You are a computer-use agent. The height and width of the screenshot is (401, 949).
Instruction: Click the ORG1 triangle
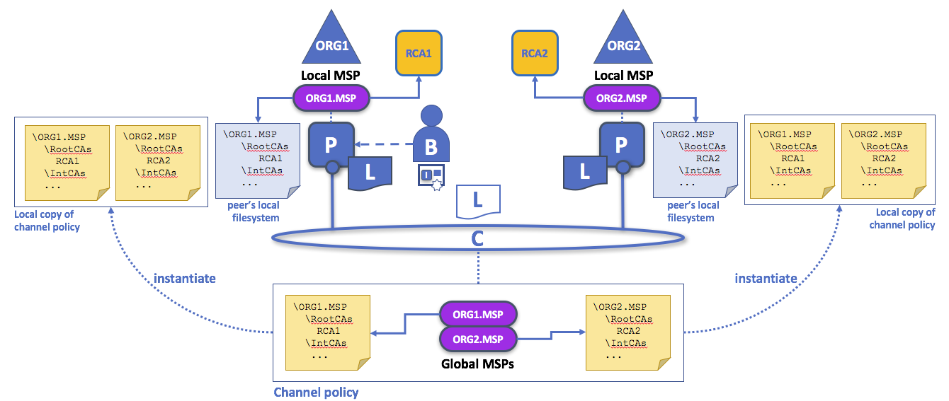[331, 45]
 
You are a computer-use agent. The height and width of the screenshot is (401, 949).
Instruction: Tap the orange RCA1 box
[419, 53]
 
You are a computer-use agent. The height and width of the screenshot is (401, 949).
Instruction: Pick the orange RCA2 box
[535, 53]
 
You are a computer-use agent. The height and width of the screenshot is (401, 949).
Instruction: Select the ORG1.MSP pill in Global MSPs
[479, 313]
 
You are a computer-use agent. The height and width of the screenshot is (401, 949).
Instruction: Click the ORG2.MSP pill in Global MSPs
[479, 339]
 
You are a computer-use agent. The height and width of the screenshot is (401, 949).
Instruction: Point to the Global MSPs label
[479, 366]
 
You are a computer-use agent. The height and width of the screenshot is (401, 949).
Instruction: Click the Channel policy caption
[316, 392]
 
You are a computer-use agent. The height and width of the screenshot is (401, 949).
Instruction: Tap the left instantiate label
[184, 278]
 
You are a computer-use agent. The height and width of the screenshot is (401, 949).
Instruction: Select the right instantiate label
[766, 278]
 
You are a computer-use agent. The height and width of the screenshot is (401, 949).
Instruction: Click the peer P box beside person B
[331, 145]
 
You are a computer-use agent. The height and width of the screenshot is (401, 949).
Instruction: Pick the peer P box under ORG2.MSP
[621, 145]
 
